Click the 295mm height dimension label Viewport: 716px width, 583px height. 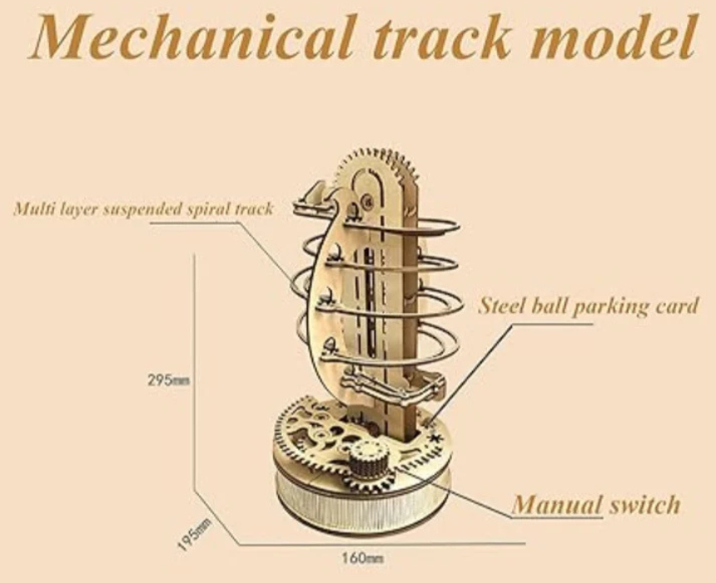point(169,380)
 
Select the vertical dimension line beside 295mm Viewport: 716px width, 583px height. point(195,375)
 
